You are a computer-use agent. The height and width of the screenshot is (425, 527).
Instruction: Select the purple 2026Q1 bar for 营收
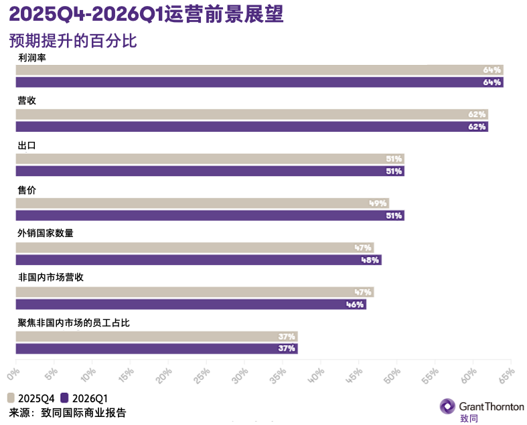point(252,126)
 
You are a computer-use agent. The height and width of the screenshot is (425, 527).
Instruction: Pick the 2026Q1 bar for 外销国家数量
point(198,260)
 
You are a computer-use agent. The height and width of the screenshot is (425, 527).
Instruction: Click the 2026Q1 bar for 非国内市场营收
point(191,305)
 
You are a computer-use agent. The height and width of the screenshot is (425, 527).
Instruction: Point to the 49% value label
point(378,203)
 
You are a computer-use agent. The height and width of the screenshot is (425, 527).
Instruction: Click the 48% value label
point(370,260)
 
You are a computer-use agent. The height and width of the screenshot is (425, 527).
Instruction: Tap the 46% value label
point(356,305)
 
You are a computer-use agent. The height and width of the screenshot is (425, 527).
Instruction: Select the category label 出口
point(26,145)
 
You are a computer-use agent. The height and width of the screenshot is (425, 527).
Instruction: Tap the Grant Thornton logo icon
point(447,406)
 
